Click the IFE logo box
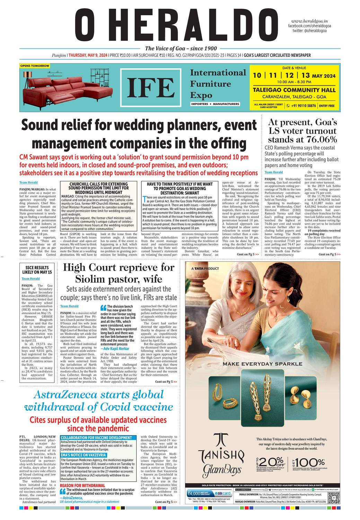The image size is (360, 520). click(151, 88)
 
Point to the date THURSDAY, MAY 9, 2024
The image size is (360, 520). click(88, 55)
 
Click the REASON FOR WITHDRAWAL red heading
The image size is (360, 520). click(82, 485)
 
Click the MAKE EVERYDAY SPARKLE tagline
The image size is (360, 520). click(262, 364)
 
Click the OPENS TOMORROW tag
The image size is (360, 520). click(35, 66)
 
